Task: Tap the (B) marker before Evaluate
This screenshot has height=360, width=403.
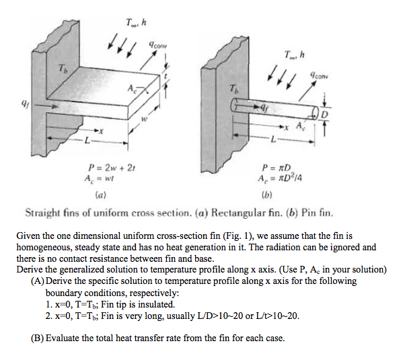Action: tap(39, 337)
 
